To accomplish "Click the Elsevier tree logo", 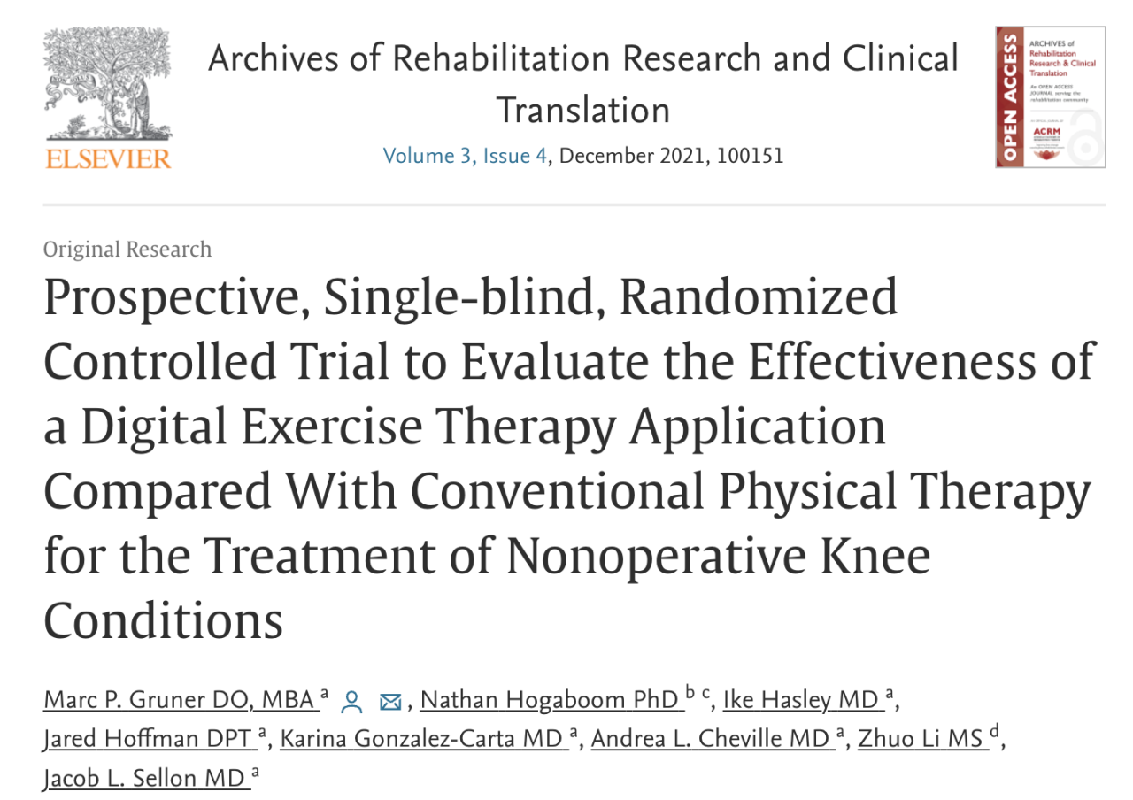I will (107, 84).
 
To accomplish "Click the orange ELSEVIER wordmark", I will (107, 159).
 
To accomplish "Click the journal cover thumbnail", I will (1050, 97).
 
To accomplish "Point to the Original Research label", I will (127, 250).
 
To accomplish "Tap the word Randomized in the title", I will (758, 299).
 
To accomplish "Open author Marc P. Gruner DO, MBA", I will (180, 700).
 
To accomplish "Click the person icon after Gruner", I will (352, 702).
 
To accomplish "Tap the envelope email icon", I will (389, 702).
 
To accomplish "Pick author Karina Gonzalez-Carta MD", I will (422, 739).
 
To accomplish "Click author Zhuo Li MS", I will (921, 739).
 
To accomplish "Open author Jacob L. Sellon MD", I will (144, 778).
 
